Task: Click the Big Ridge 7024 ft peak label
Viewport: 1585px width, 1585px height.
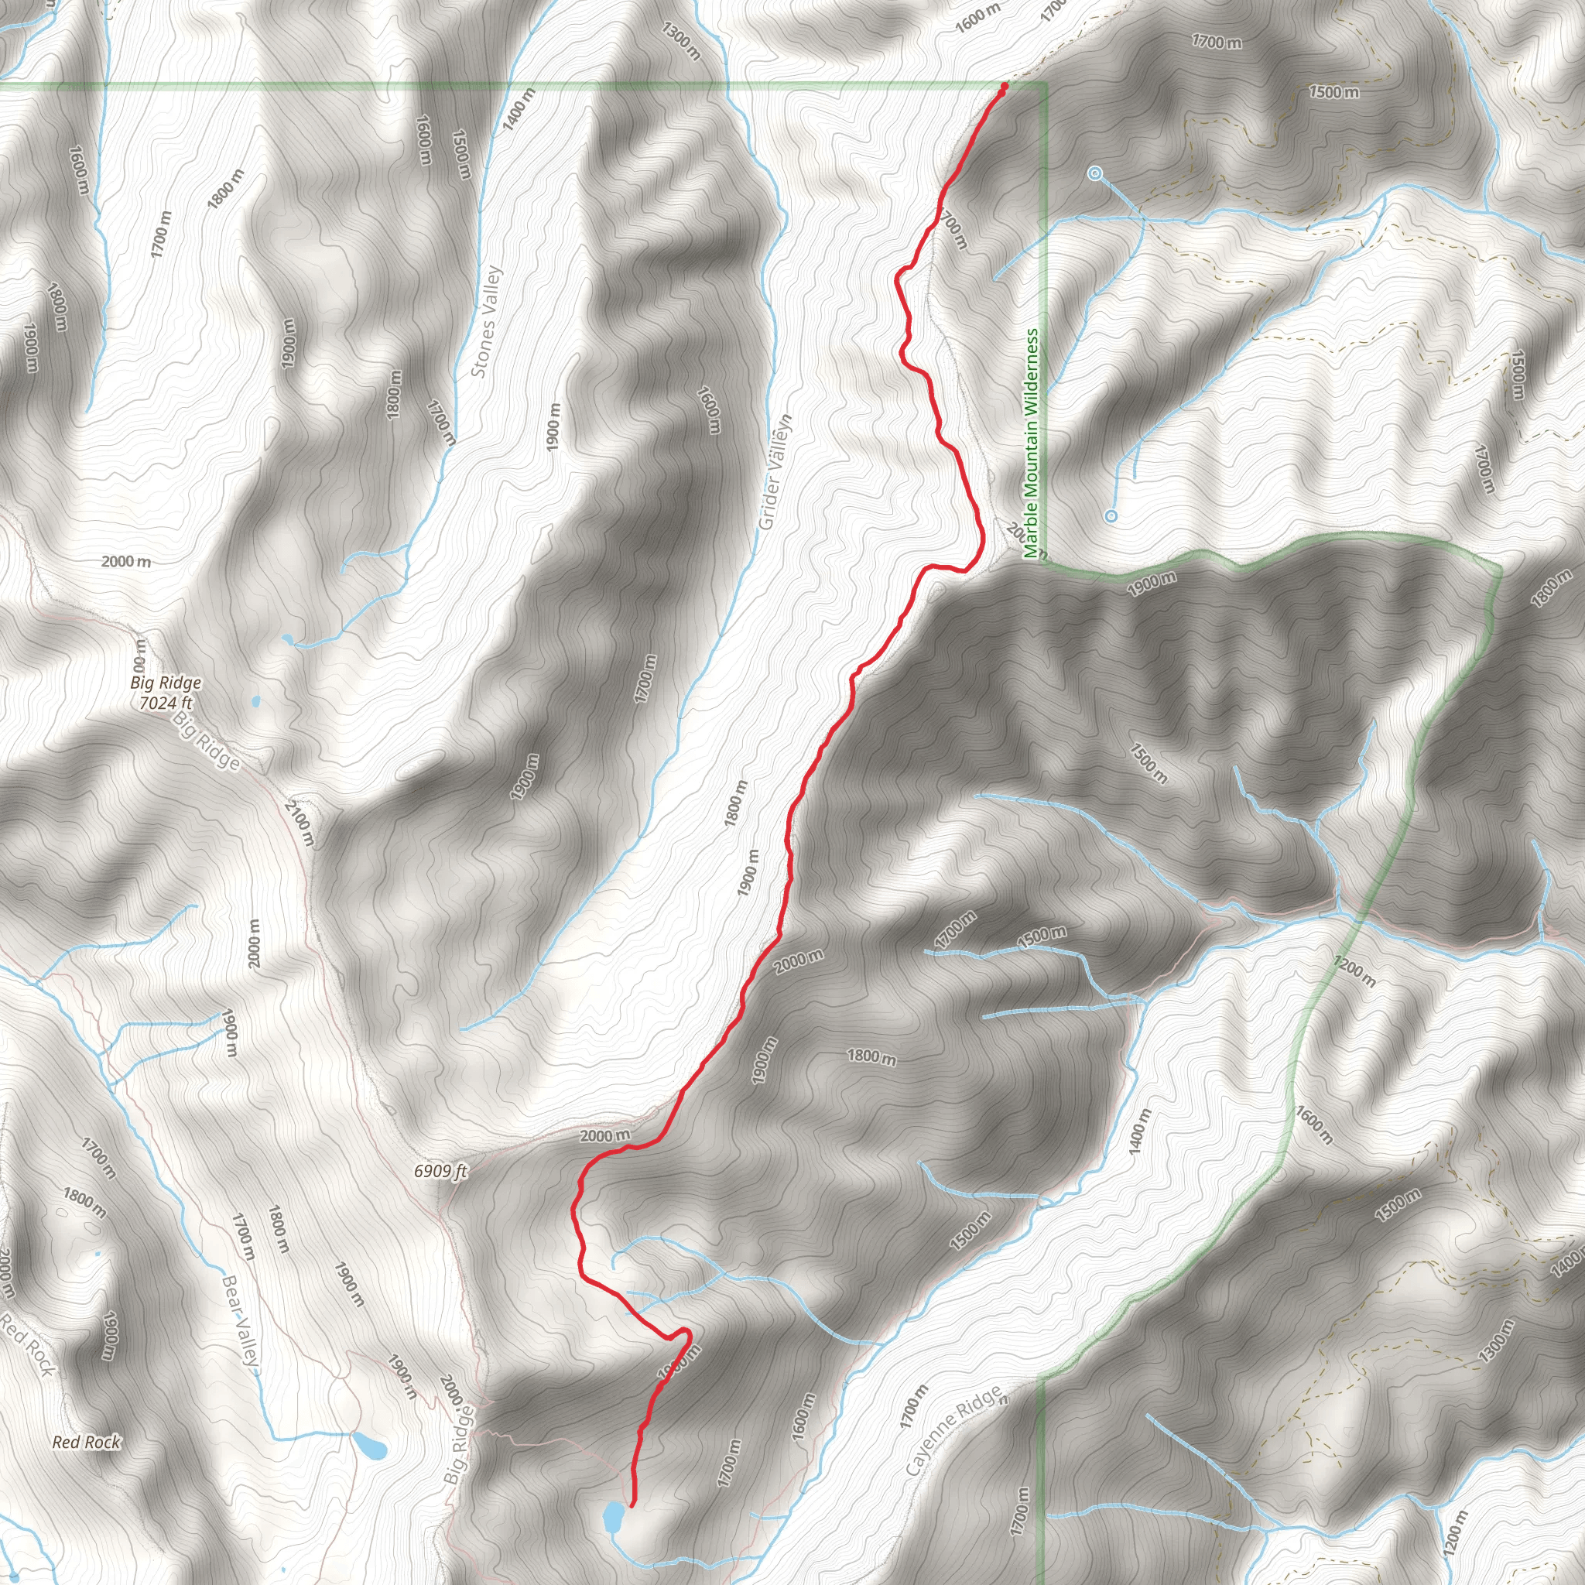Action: pos(166,693)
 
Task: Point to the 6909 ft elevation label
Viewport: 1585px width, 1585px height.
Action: pos(440,1171)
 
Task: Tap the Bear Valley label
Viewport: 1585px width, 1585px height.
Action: pos(241,1321)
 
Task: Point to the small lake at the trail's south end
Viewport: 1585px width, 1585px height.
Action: pos(613,1516)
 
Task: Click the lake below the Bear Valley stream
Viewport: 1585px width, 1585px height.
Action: pos(368,1446)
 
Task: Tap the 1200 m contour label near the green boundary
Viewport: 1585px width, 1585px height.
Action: pos(1354,971)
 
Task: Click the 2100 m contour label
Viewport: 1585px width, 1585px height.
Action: pos(300,823)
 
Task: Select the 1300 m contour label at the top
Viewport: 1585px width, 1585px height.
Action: pos(681,41)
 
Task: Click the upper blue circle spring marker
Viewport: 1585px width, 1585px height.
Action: pos(1094,173)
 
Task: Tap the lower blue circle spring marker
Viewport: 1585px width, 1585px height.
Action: pos(1111,516)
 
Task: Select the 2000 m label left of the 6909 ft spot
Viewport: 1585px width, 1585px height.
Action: pos(605,1135)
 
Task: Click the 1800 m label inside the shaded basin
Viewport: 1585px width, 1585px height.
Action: pos(871,1056)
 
